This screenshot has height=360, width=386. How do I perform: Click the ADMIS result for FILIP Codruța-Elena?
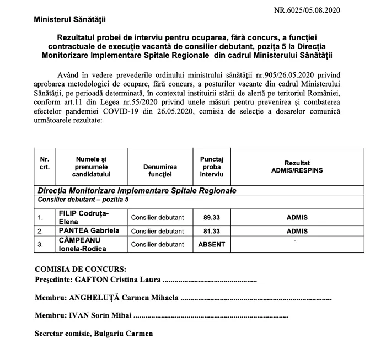coord(297,218)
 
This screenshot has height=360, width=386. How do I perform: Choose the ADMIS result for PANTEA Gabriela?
coord(297,232)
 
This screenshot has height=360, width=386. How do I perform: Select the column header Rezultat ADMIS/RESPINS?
coord(297,167)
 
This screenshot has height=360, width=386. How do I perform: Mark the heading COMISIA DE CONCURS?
coord(80,270)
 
